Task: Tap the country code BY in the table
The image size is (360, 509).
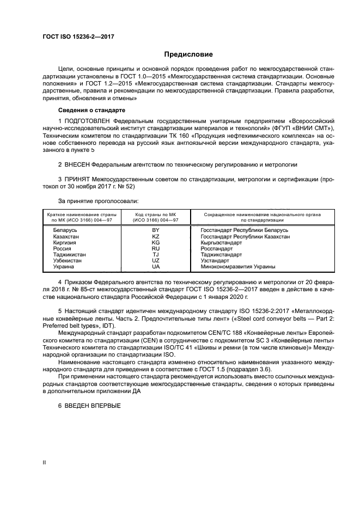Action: pos(156,230)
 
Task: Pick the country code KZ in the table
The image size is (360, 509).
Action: pos(156,237)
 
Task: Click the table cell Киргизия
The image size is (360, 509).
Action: pos(64,243)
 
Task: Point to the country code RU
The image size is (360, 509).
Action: pos(156,249)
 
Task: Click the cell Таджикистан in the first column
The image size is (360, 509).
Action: pos(69,255)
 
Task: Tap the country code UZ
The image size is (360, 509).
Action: pos(156,261)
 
